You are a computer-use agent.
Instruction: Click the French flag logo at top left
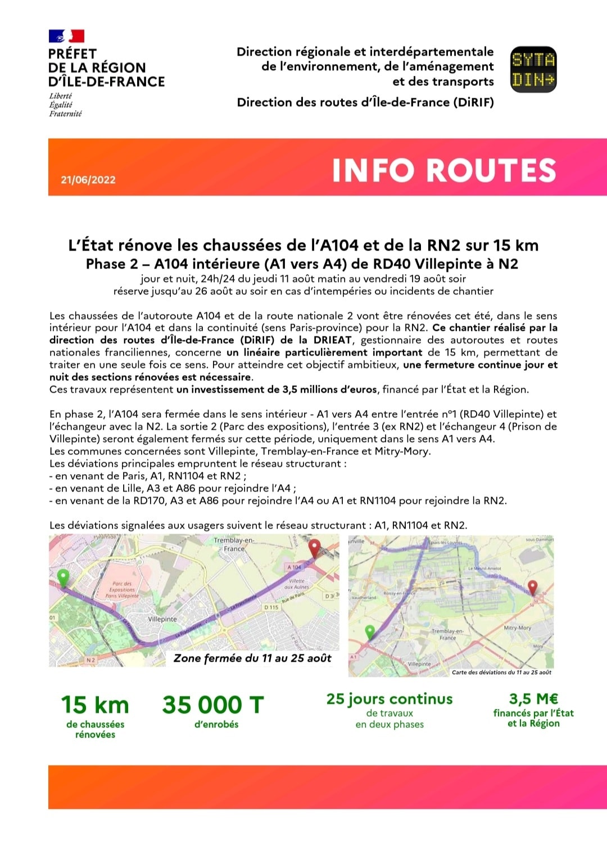(66, 37)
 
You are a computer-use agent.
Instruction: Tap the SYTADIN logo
(533, 69)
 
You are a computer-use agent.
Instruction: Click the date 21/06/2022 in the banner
(88, 180)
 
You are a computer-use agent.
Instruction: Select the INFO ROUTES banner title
(444, 170)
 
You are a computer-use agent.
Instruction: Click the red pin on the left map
(314, 547)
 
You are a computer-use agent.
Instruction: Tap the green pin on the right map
(370, 632)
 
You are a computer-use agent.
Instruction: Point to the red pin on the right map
(532, 588)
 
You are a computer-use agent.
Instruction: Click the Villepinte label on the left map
(162, 619)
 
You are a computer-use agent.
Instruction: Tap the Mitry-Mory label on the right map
(517, 628)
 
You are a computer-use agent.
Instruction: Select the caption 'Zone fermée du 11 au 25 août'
(252, 658)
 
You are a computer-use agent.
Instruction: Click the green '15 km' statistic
(95, 705)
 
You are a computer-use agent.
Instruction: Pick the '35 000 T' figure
(213, 705)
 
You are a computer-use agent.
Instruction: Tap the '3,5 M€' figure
(533, 699)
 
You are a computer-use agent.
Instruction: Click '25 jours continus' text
(389, 699)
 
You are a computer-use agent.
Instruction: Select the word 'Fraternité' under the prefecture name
(65, 113)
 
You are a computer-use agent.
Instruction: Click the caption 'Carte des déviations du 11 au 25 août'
(501, 672)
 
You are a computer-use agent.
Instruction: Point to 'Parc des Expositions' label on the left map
(122, 590)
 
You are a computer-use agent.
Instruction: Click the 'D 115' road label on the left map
(271, 607)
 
